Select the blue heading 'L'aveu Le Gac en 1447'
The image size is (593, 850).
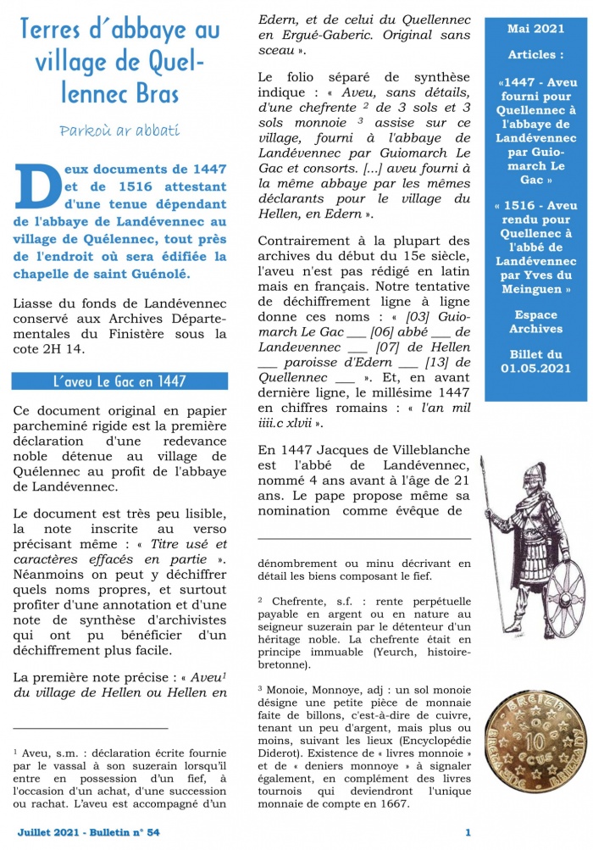pyautogui.click(x=119, y=381)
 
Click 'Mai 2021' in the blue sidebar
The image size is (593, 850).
pyautogui.click(x=535, y=29)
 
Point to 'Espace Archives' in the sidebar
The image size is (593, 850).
pyautogui.click(x=535, y=321)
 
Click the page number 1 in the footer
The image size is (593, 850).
pyautogui.click(x=468, y=832)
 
